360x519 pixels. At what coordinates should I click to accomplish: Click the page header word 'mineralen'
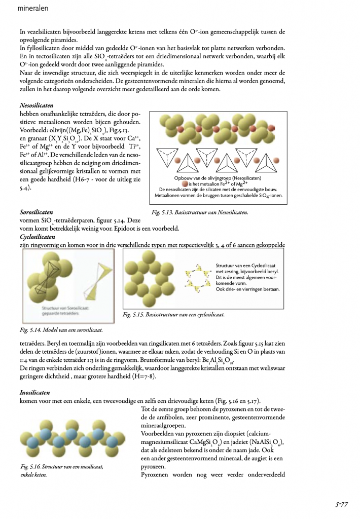pyautogui.click(x=31, y=9)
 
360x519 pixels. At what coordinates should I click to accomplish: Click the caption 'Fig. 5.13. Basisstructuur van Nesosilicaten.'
pyautogui.click(x=199, y=213)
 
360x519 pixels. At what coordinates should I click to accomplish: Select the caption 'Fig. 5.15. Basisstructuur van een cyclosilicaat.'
pyautogui.click(x=174, y=315)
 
